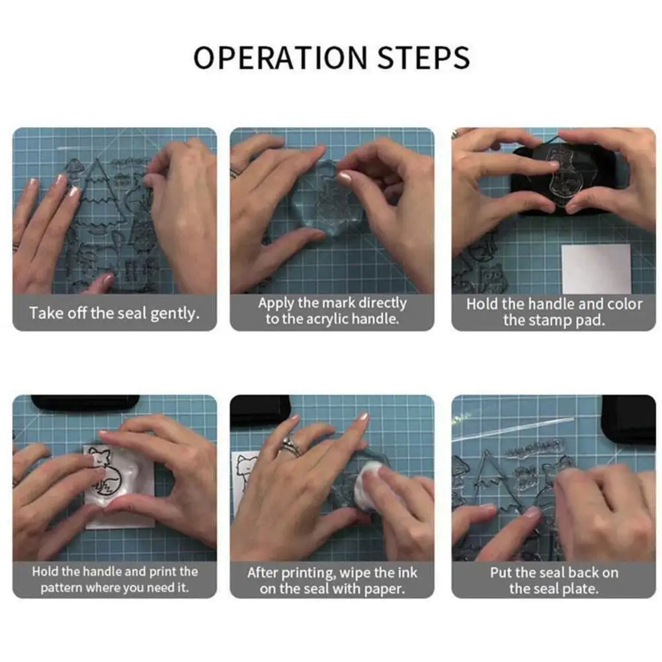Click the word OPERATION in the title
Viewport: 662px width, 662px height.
click(280, 58)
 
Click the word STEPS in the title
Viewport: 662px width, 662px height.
click(423, 58)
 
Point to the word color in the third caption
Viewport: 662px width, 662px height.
click(624, 304)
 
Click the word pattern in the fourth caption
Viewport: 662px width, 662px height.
click(62, 588)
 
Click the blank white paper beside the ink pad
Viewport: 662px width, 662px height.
click(596, 269)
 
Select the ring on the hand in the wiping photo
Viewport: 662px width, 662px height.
click(290, 446)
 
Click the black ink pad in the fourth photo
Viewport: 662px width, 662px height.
click(85, 403)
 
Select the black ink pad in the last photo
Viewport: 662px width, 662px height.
click(628, 419)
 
